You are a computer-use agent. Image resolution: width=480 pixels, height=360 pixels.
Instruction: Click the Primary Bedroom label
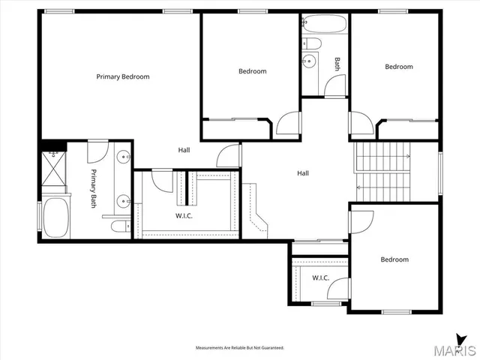tap(123, 76)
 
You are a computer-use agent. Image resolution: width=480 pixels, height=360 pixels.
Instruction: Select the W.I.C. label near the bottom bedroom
tap(321, 277)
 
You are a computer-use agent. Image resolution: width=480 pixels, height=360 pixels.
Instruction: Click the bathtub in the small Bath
tap(325, 24)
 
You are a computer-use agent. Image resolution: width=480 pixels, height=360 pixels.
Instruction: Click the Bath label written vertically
tap(337, 64)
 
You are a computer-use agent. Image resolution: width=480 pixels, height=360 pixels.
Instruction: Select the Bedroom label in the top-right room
tap(399, 67)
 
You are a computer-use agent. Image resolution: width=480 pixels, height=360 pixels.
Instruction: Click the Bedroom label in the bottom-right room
tap(394, 259)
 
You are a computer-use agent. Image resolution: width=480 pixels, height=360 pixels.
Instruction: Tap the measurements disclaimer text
tap(240, 348)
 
